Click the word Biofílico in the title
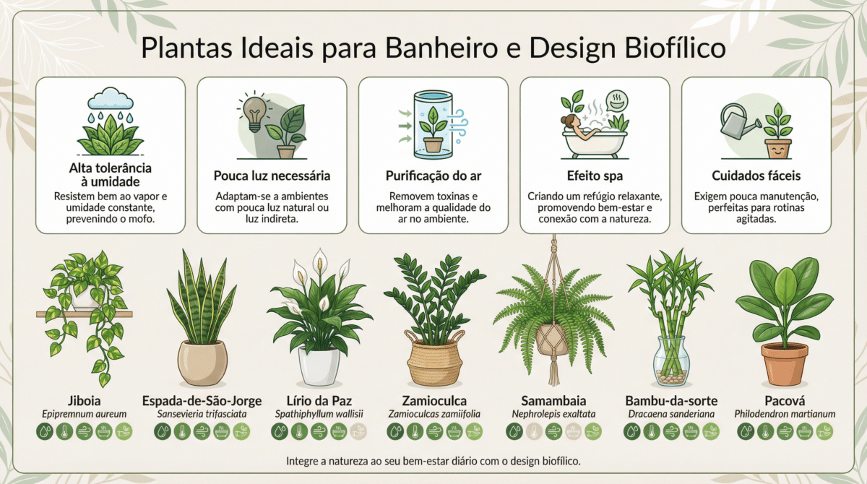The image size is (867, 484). [x=675, y=48]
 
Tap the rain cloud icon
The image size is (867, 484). [x=111, y=99]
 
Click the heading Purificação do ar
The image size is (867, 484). [x=433, y=176]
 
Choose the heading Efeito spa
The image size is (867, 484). [x=595, y=176]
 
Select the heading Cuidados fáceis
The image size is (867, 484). [x=756, y=176]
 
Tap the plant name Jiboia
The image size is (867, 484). [x=84, y=401]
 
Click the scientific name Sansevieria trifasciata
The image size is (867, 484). [x=202, y=414]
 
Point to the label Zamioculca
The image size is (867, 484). [x=434, y=401]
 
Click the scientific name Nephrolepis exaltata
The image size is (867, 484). [x=553, y=414]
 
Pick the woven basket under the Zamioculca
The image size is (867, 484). [x=434, y=358]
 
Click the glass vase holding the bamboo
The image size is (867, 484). [x=671, y=362]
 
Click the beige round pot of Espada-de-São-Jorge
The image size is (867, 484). [x=202, y=363]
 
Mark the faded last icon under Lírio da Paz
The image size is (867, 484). [x=358, y=432]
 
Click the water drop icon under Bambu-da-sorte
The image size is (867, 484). [x=632, y=432]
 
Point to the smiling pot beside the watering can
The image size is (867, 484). [x=778, y=149]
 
